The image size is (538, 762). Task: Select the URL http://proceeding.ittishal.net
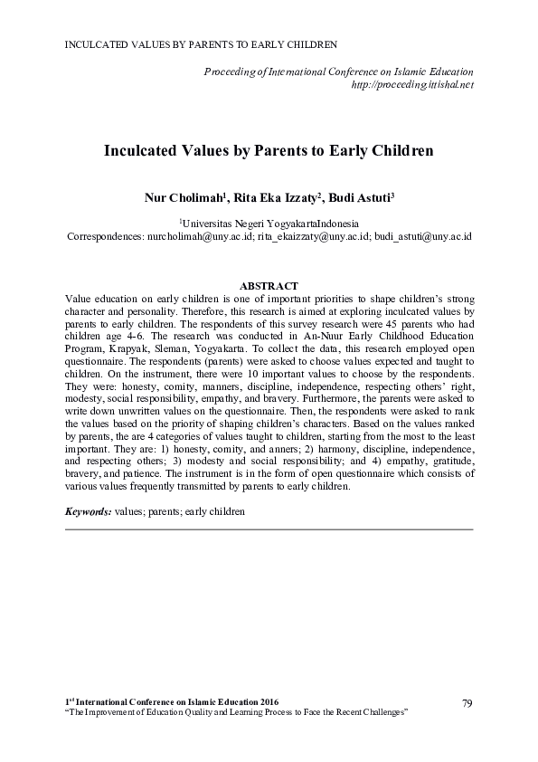click(x=411, y=84)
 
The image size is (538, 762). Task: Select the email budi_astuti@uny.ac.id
click(x=422, y=235)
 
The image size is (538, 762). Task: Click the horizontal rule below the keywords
click(x=269, y=529)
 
